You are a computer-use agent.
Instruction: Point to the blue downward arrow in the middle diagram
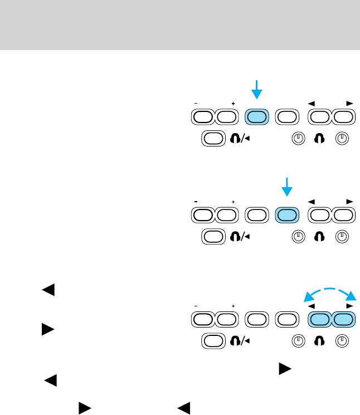(288, 186)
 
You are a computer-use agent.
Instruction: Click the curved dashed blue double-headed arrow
(332, 290)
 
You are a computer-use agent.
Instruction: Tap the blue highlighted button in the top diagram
(257, 116)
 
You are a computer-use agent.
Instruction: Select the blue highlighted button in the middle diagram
(288, 214)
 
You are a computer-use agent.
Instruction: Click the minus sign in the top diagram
(196, 103)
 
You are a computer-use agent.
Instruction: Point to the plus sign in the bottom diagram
(233, 306)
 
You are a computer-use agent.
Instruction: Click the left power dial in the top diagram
(299, 139)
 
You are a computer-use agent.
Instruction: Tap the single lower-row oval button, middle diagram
(213, 236)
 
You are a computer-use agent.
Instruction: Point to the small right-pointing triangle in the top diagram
(349, 103)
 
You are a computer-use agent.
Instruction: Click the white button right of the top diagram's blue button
(288, 116)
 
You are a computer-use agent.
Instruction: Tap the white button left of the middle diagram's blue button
(257, 214)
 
